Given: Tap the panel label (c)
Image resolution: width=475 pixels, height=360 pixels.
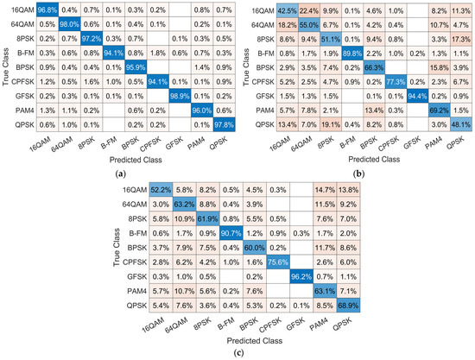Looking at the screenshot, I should (x=237, y=353).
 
